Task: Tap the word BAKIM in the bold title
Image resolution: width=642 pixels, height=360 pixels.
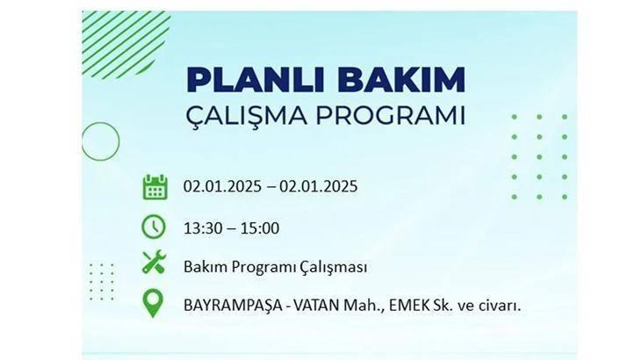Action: [x=401, y=79]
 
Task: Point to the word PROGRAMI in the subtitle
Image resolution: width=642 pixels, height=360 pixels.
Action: [x=390, y=116]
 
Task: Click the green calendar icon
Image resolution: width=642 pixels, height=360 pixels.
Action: [x=155, y=187]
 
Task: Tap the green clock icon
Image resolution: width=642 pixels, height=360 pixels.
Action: [x=154, y=227]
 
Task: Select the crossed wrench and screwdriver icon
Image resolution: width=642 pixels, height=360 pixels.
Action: [x=154, y=263]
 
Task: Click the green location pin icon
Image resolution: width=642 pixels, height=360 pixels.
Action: [x=153, y=303]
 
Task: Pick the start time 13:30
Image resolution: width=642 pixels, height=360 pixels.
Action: [x=203, y=228]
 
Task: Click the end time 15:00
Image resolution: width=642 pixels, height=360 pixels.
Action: [x=260, y=228]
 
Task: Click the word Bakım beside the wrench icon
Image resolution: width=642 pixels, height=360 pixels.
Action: [x=206, y=267]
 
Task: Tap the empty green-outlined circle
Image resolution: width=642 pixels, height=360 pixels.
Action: [x=100, y=122]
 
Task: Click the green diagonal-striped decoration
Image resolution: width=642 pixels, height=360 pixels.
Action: [x=126, y=44]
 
